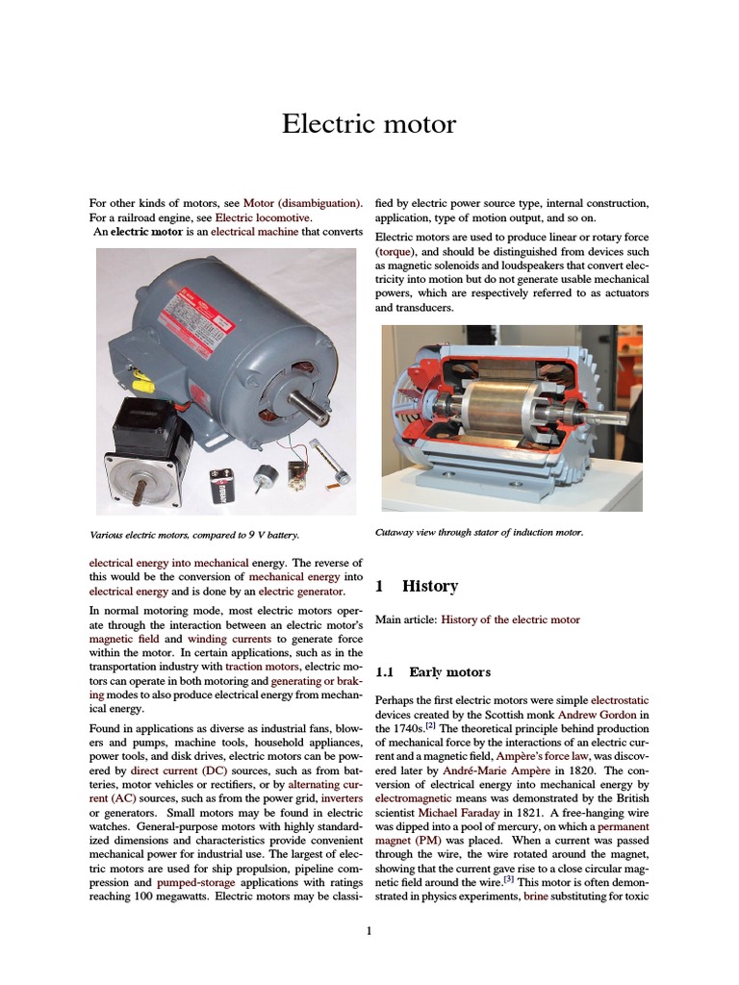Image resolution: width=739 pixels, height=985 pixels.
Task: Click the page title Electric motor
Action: (369, 124)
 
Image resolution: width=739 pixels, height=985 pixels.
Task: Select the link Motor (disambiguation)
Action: (302, 203)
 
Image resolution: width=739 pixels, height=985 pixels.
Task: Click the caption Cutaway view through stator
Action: (478, 531)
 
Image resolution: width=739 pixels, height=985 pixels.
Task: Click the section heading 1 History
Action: (417, 586)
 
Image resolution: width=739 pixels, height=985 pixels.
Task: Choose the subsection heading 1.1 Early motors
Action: (433, 671)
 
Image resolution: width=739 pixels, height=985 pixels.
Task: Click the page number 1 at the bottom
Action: (369, 930)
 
